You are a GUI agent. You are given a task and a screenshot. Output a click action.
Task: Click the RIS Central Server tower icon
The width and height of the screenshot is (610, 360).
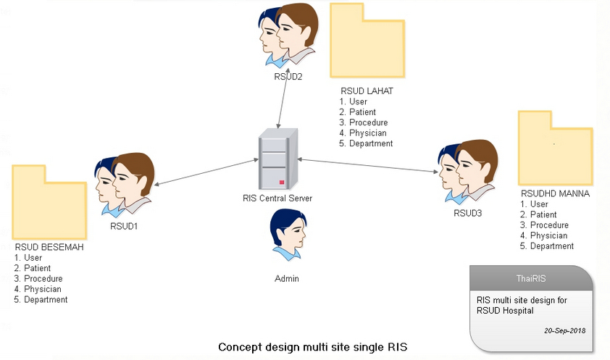(x=278, y=160)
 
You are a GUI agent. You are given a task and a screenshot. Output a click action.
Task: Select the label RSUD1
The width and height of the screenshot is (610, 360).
(x=124, y=226)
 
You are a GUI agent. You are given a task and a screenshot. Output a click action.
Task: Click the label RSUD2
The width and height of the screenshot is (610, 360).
(x=288, y=76)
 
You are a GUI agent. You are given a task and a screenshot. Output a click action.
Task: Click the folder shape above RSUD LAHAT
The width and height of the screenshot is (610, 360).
(x=364, y=41)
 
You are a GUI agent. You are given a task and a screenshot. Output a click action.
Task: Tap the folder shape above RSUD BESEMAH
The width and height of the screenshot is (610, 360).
(x=49, y=204)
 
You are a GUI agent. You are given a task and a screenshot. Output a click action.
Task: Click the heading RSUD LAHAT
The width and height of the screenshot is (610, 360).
(x=367, y=91)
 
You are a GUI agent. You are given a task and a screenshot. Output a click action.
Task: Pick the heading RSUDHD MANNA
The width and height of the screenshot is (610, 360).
(x=556, y=194)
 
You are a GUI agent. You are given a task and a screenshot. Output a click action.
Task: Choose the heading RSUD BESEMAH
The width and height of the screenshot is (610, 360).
(x=49, y=248)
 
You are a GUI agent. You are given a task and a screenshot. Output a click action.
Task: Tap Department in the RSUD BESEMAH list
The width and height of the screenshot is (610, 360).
(x=46, y=299)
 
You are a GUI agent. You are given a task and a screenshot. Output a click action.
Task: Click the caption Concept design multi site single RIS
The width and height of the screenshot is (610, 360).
(x=312, y=347)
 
